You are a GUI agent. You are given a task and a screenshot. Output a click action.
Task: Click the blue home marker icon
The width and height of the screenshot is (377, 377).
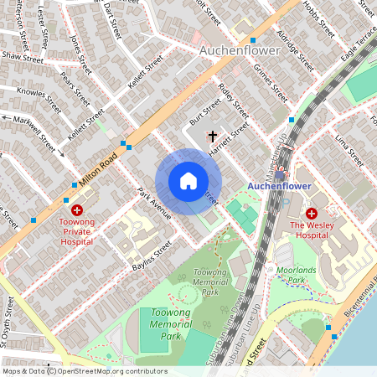[188, 181]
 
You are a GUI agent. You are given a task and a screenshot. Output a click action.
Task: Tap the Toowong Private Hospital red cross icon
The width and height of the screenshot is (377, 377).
[77, 210]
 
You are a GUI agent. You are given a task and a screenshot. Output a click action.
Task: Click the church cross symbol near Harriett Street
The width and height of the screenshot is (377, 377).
[212, 135]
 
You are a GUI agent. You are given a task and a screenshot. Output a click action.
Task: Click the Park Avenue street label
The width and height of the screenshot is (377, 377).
[154, 203]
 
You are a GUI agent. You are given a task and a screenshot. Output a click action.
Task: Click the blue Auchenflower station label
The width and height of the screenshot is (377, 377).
[280, 186]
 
